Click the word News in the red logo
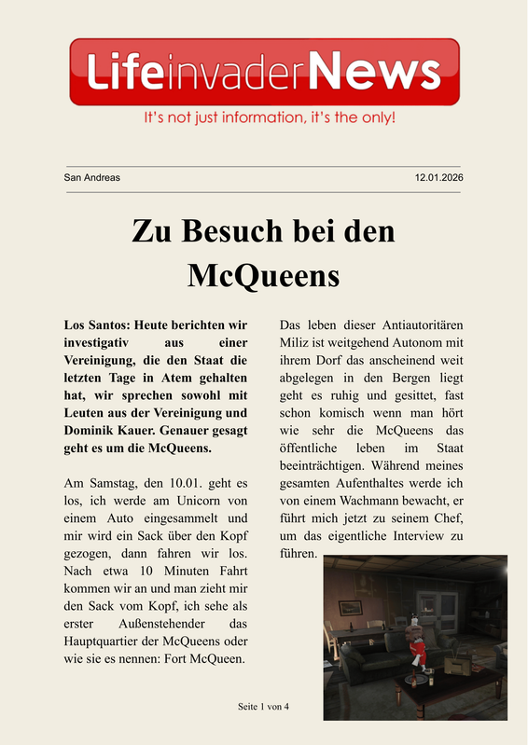point(373,72)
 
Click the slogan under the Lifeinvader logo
point(269,118)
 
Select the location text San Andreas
point(91,177)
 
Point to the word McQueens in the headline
point(263,275)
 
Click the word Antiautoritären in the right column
point(423,325)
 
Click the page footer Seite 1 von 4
point(264,707)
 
